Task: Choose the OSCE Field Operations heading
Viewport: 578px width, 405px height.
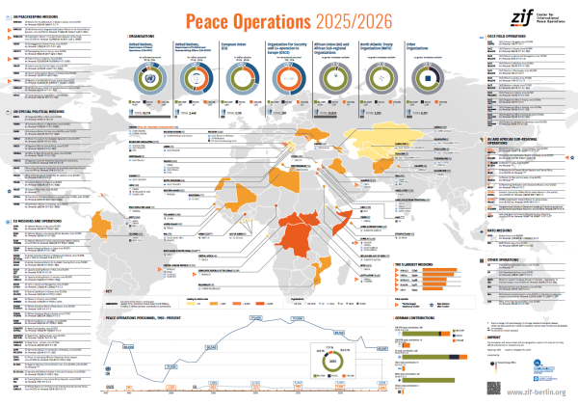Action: (510, 34)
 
